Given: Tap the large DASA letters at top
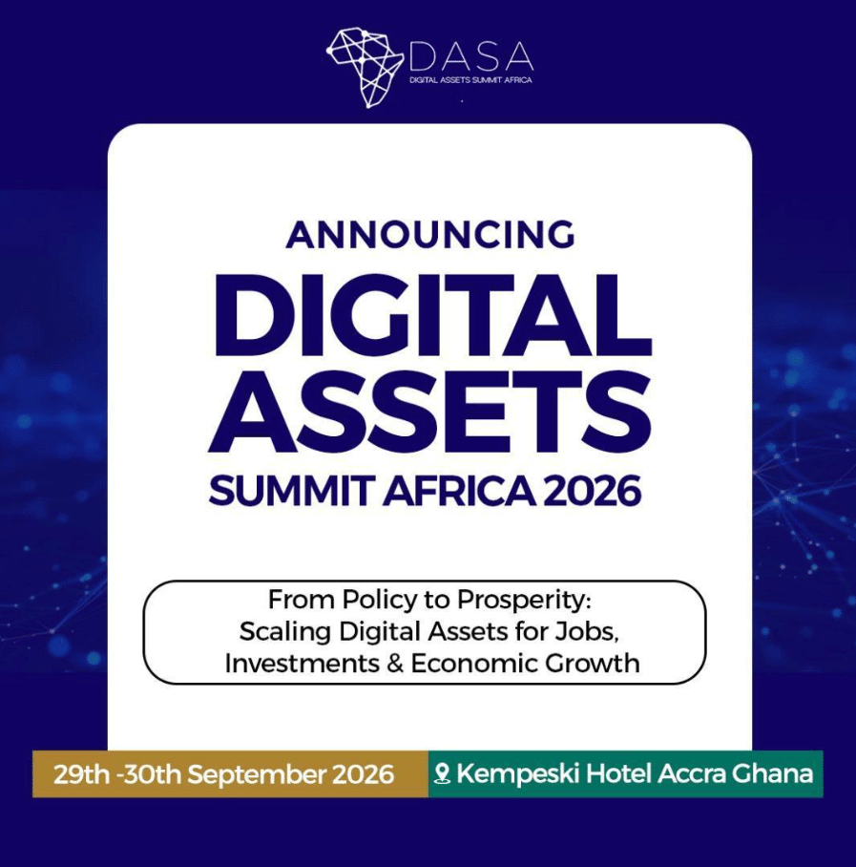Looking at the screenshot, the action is pos(471,55).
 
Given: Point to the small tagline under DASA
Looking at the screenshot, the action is pos(470,80).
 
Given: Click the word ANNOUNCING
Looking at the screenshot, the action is pos(430,234).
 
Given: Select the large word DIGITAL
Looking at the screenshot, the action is pos(430,314).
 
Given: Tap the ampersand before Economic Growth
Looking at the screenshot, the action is pos(394,664).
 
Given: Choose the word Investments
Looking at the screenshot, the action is pos(302,664).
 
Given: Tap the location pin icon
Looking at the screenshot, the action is pos(442,773).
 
